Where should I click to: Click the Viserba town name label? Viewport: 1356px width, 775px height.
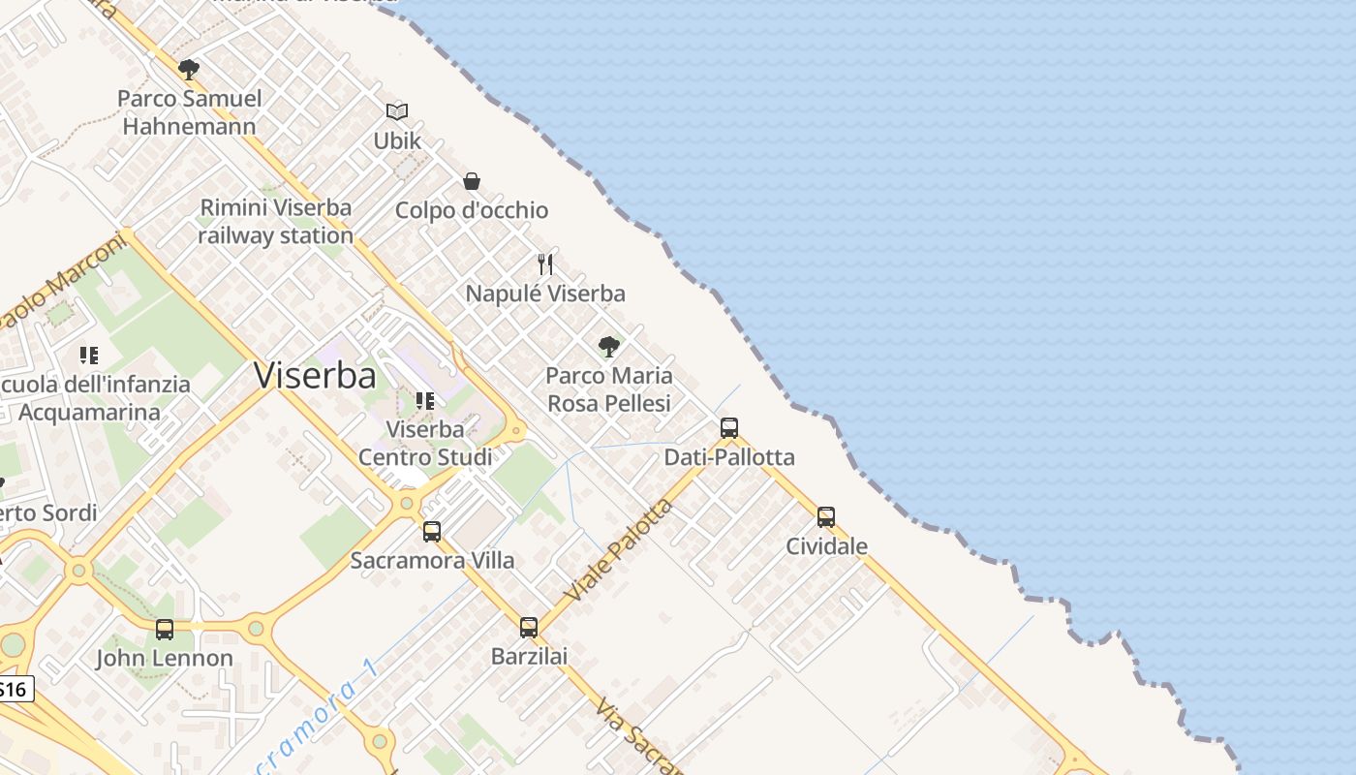315,375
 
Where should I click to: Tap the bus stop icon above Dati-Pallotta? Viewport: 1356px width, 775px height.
729,427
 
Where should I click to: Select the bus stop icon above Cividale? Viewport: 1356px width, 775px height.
825,516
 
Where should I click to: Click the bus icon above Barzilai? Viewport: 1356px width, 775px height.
528,627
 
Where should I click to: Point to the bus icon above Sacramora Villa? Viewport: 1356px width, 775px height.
432,531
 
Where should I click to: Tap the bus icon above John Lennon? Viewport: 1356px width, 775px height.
165,629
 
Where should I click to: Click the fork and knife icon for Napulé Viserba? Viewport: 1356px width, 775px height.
546,263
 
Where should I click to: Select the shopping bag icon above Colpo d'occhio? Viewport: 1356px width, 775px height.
472,181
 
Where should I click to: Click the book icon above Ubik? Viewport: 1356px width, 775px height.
397,111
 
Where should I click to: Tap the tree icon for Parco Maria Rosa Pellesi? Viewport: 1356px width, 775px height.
608,346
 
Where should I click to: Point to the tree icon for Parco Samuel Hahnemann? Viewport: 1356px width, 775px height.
189,69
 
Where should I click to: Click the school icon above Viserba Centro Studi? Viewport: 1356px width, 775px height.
424,400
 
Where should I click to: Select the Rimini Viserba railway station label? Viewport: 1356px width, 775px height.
276,221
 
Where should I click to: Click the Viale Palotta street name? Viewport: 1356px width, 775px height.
619,549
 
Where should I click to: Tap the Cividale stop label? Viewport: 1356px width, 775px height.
826,545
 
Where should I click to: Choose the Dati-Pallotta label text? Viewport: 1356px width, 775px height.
729,457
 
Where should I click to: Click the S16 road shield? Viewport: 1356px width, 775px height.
14,690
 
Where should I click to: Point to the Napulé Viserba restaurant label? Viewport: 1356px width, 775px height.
545,293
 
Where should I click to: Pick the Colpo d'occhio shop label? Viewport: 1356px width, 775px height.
472,210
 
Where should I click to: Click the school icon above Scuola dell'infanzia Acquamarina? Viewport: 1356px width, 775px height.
89,356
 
